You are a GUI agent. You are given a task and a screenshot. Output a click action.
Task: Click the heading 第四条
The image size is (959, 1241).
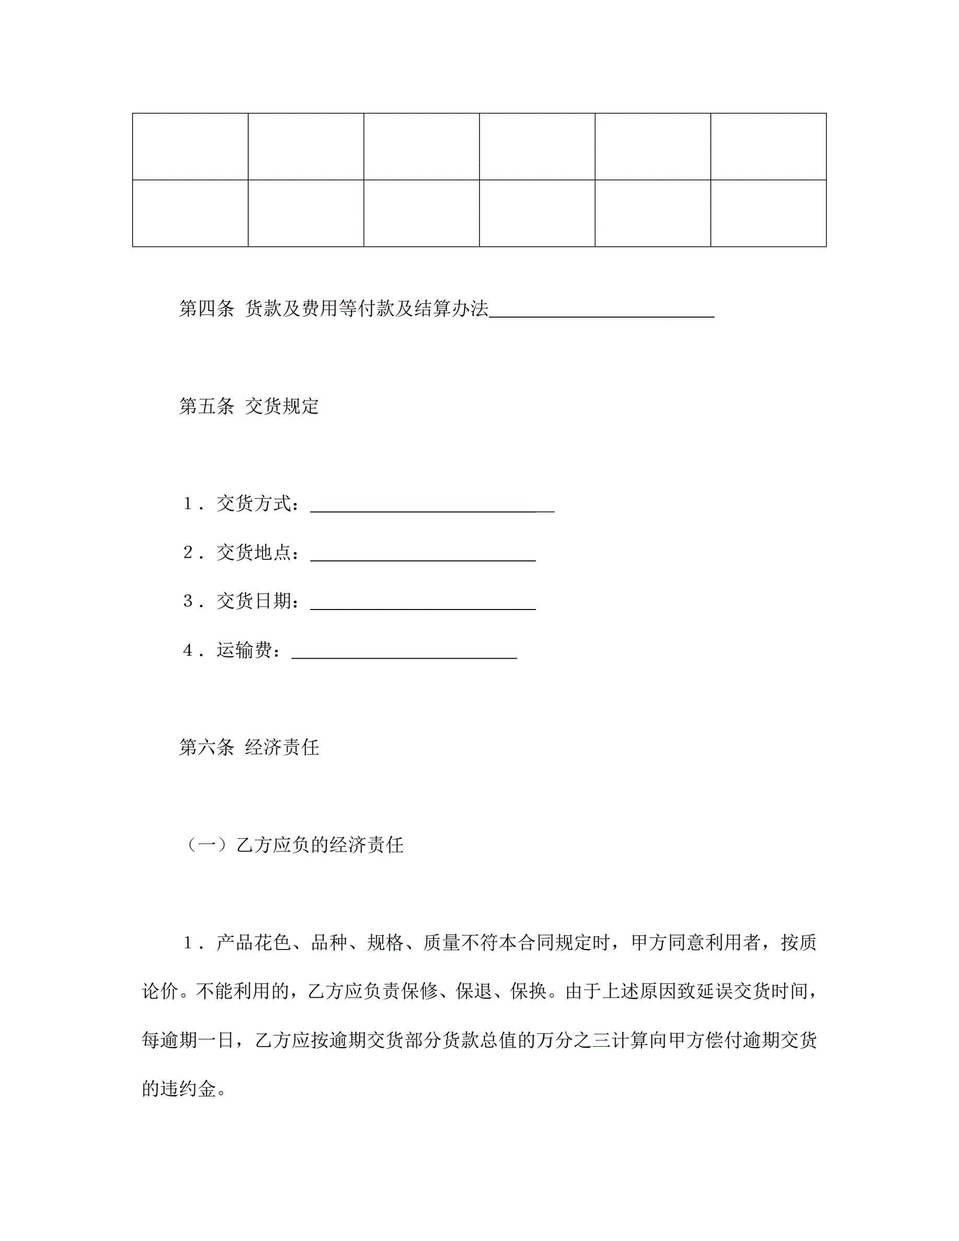point(206,309)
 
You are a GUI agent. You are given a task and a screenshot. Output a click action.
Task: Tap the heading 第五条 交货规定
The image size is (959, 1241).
point(249,406)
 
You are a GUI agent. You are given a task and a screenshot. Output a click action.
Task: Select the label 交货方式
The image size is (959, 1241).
point(253,504)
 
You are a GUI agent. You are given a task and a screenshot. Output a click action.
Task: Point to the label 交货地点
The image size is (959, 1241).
point(253,552)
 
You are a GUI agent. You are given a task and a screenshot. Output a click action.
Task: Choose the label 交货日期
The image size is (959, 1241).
point(253,601)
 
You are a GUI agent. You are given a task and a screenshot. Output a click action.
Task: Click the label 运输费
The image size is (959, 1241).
point(244,650)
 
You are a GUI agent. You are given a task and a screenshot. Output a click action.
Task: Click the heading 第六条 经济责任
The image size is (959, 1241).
point(249,747)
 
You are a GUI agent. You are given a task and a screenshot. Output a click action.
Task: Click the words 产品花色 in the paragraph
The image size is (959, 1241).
point(253,943)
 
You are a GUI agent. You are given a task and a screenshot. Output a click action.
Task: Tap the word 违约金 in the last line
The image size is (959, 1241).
point(188,1090)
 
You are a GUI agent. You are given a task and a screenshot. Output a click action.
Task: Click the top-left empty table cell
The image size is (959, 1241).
point(190,147)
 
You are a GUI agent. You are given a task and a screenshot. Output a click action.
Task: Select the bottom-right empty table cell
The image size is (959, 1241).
point(768,213)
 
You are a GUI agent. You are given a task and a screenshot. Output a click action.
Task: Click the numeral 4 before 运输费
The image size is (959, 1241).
point(188,650)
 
